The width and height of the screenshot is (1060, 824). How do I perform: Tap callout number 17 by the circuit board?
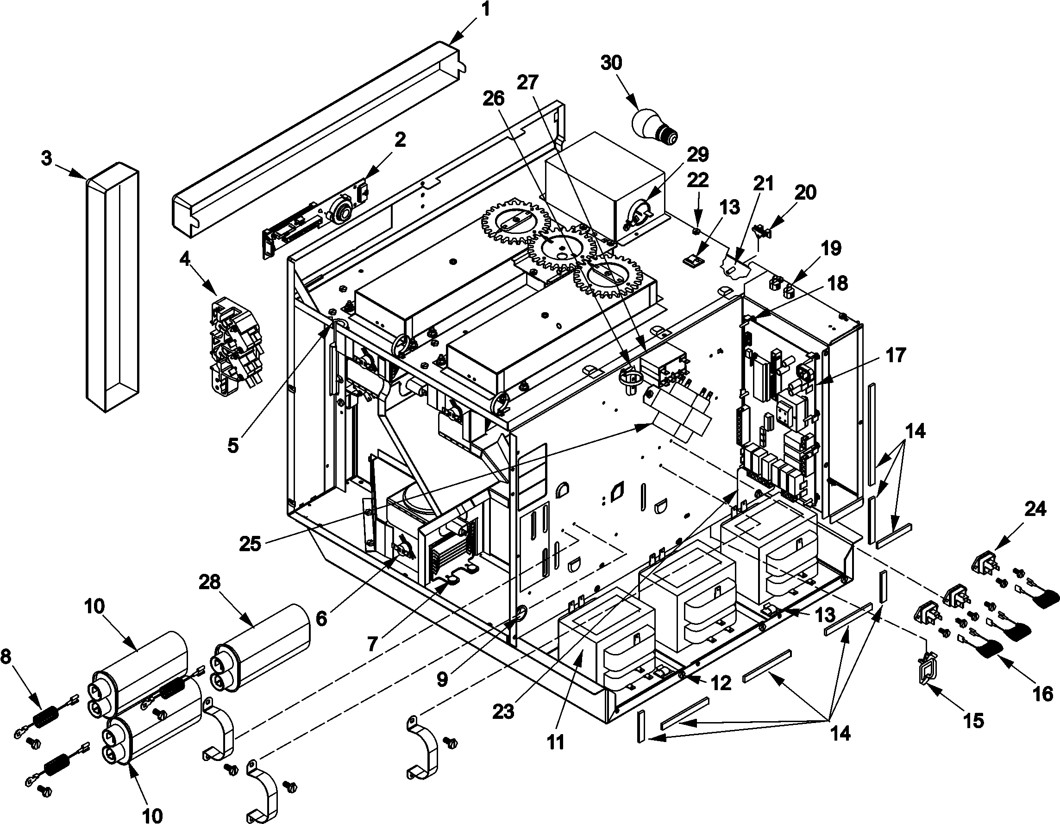coord(896,355)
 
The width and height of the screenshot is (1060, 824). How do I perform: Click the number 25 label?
coord(251,544)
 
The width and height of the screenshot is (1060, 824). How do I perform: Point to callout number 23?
coord(503,712)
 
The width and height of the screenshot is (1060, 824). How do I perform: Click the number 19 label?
coord(832,249)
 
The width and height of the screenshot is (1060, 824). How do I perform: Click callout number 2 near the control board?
coord(400,140)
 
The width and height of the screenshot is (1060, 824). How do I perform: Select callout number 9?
coord(442,680)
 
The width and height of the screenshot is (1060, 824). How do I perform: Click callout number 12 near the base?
coord(721,683)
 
